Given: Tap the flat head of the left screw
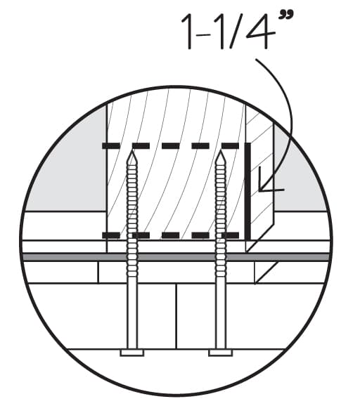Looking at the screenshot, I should coord(131,352).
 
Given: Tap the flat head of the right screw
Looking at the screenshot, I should coord(219,352).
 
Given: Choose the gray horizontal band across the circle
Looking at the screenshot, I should coord(176,257).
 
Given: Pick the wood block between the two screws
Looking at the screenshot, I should coord(176,190).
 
